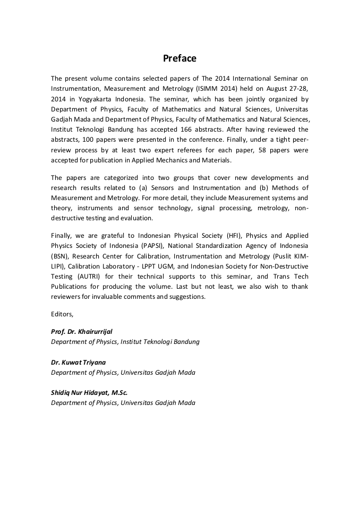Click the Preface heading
point(179,58)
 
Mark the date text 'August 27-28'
point(286,89)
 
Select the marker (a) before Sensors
point(145,187)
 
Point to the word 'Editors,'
point(62,314)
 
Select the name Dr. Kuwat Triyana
point(78,363)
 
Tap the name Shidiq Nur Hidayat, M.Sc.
point(89,393)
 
